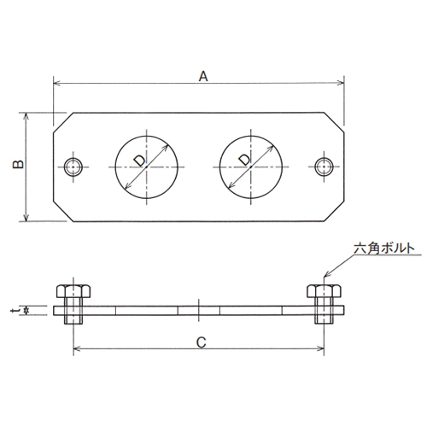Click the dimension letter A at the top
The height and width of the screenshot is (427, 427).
click(x=203, y=75)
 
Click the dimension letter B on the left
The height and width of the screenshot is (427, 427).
click(x=19, y=165)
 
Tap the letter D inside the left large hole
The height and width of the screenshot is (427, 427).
click(x=139, y=159)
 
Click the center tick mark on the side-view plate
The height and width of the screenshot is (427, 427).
click(x=200, y=307)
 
